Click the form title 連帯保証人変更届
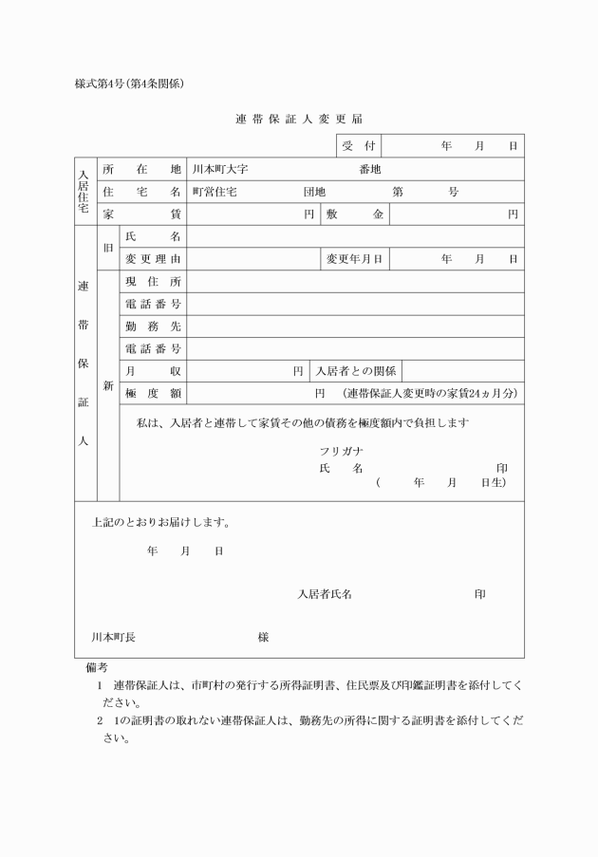[298, 119]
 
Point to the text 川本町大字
[220, 169]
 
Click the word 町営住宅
[215, 192]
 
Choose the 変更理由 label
[153, 259]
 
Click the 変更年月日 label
[354, 259]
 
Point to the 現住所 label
[153, 282]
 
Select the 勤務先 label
[153, 326]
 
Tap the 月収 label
[153, 371]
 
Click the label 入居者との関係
[356, 371]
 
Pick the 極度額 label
[153, 393]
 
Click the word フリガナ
[343, 451]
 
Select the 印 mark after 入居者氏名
[480, 594]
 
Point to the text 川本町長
[113, 638]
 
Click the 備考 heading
[96, 668]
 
